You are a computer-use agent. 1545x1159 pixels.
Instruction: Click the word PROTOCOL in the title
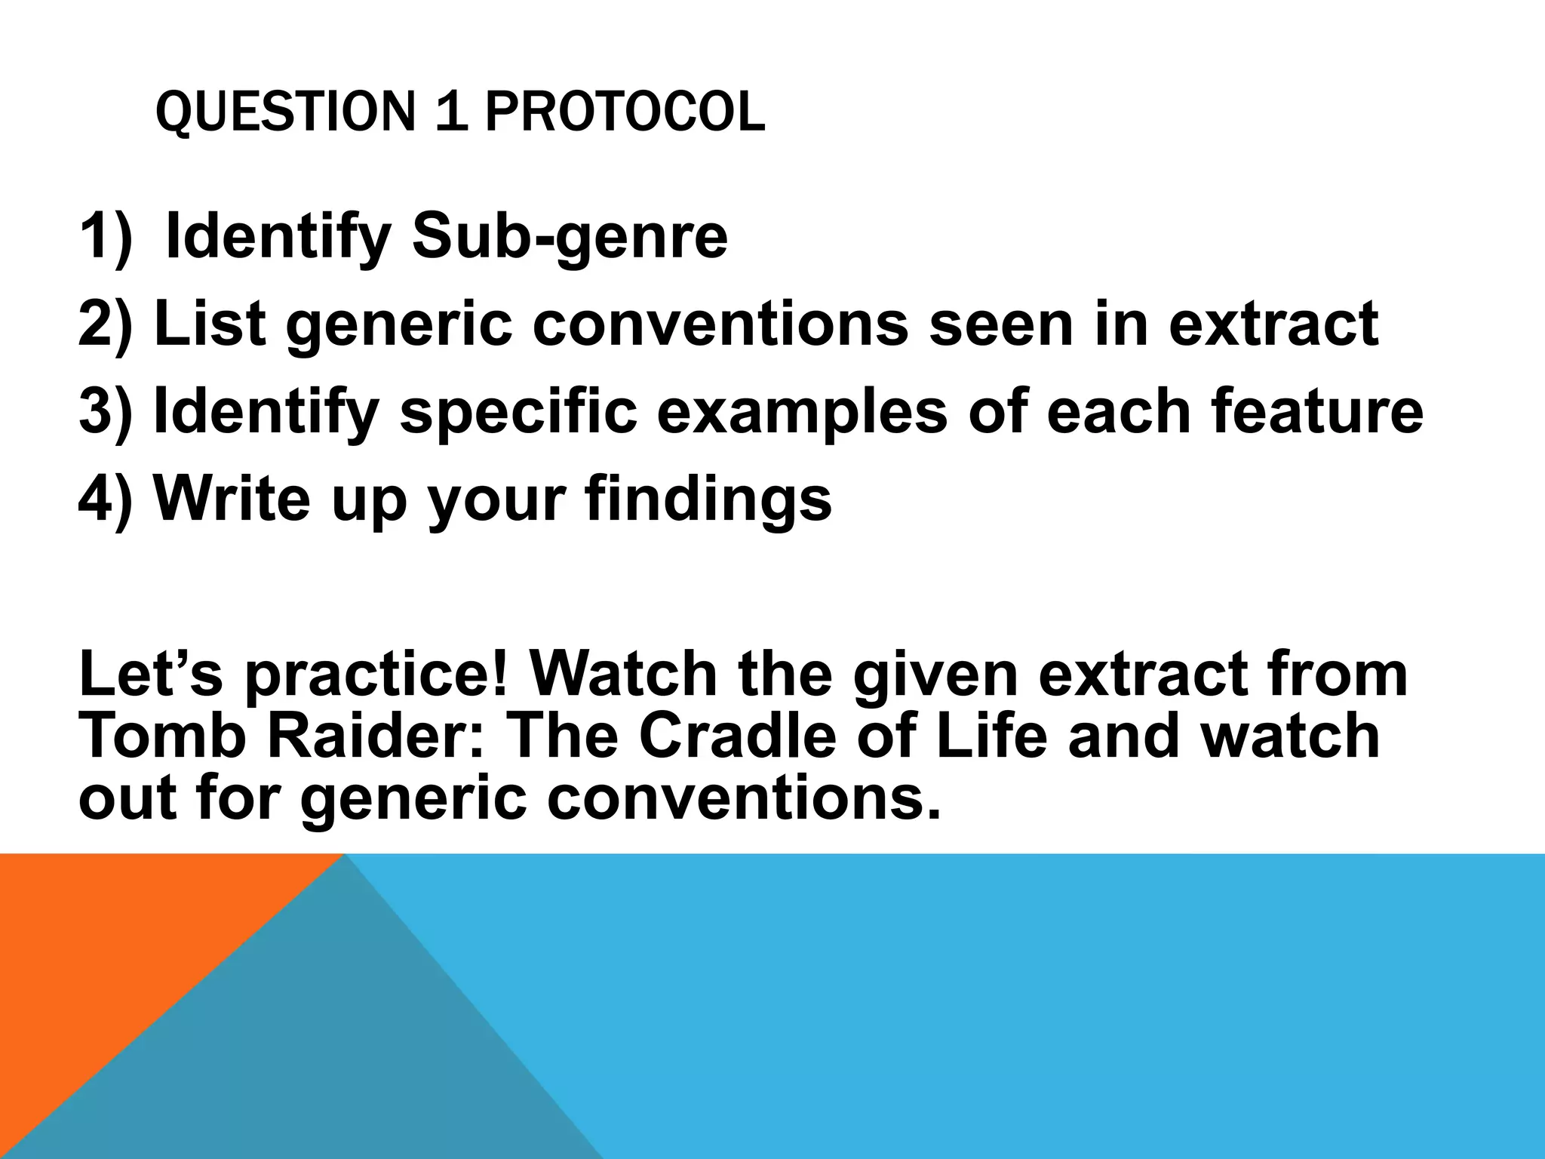point(625,112)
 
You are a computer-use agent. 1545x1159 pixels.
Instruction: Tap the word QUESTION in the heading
point(285,112)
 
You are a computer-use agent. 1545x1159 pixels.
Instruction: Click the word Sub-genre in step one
point(570,237)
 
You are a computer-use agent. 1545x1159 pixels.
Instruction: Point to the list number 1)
point(105,237)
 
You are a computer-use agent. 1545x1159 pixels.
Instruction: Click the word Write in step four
point(232,499)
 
